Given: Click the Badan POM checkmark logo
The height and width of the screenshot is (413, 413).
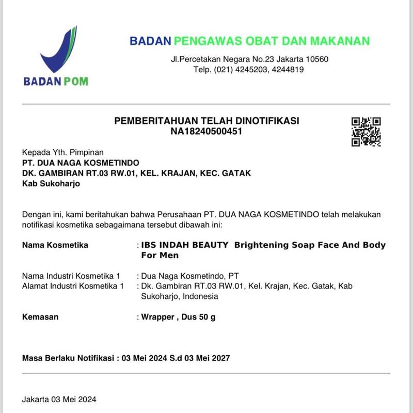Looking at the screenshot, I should pos(56,52).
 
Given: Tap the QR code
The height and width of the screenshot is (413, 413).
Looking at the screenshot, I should pos(366,132).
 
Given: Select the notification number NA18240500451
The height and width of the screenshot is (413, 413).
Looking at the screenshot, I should pos(206,131).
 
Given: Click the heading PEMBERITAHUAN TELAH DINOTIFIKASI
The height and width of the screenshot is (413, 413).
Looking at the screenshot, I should pos(206,121).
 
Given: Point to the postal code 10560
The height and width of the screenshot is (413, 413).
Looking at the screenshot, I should pos(314,59).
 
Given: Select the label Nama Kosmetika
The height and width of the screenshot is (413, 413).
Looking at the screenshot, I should pos(55,245).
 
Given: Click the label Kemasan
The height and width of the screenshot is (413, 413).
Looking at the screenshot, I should pos(40,316).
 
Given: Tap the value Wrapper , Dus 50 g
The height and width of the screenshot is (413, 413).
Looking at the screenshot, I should pos(179,316).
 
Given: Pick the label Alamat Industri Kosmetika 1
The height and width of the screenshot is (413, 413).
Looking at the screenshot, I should pos(73,285).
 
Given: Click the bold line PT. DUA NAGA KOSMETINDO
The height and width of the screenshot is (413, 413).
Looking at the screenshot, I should pos(81,163).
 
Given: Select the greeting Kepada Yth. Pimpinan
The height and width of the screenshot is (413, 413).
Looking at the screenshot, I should pos(62,152).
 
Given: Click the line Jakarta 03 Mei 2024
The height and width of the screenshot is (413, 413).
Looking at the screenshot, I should pos(59,399).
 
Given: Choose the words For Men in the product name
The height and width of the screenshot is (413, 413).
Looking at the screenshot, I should pos(160,255).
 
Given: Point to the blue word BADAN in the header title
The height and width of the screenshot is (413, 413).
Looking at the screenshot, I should pos(150,41).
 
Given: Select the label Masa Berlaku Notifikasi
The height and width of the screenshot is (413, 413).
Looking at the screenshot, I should pos(68,358).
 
